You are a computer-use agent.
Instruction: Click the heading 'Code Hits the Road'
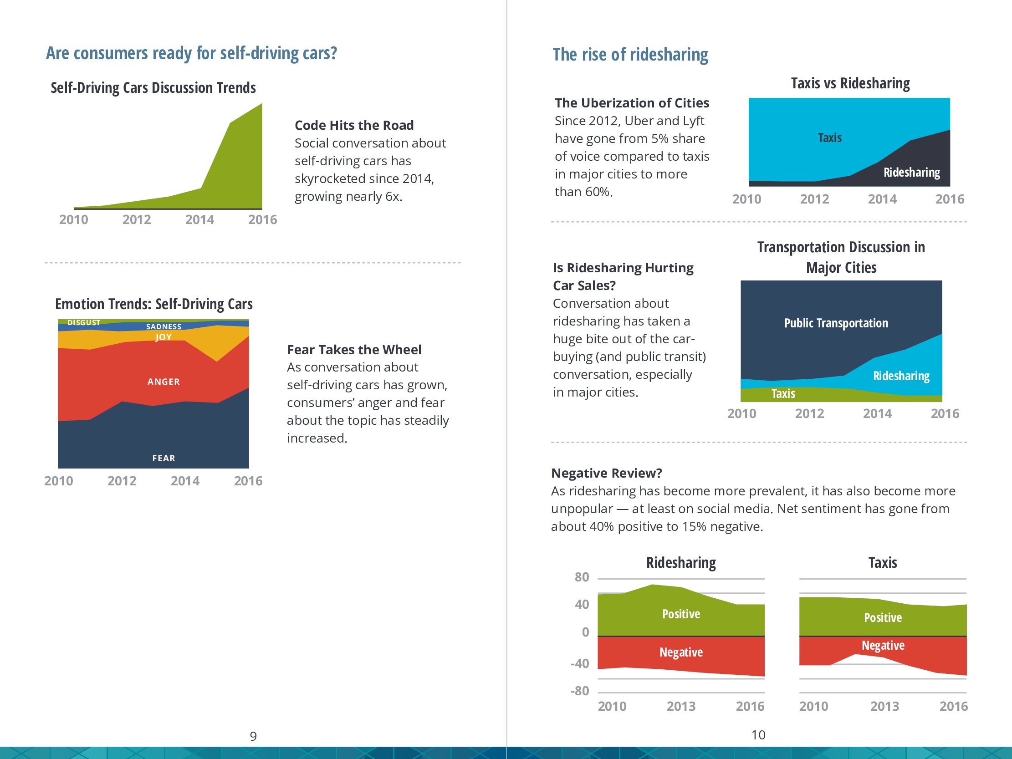353,125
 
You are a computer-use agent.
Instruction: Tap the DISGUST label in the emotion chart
84,322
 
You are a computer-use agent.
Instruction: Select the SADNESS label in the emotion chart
164,326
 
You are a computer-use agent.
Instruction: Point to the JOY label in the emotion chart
164,337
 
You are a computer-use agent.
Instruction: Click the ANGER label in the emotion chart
164,382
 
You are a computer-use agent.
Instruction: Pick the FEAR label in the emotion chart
164,458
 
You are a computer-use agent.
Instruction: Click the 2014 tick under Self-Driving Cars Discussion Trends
199,219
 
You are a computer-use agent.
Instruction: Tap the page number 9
253,736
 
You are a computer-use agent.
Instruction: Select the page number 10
758,735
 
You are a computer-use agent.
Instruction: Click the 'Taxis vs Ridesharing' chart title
850,83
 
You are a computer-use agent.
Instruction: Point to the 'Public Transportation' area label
836,323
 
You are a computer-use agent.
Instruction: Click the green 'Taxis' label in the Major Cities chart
783,393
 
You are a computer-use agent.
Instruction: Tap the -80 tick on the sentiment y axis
580,691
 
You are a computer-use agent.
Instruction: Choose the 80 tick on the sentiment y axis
582,577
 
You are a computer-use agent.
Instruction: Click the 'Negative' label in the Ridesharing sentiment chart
681,652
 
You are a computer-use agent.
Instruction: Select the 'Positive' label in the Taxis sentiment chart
883,618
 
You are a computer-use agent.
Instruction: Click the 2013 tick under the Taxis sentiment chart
884,706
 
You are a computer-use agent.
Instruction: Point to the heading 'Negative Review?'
606,473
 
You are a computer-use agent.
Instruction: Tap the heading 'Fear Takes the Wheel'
354,350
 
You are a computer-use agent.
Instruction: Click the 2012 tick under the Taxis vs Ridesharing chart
814,199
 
